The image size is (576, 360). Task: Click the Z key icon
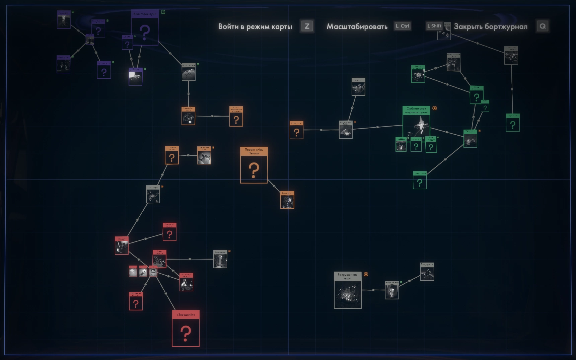tap(307, 26)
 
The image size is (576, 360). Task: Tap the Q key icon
tap(543, 26)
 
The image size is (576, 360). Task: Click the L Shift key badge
tap(434, 26)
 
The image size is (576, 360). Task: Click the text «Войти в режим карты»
tap(255, 26)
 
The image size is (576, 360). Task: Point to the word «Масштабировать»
tap(357, 26)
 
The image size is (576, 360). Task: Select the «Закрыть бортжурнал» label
tap(490, 26)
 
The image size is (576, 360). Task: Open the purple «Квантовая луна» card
tap(145, 27)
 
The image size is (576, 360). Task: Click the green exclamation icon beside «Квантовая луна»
tap(163, 12)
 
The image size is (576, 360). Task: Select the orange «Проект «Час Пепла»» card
tap(254, 165)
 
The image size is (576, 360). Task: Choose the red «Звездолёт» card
tap(186, 329)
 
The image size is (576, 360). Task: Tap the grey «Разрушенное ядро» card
tap(348, 290)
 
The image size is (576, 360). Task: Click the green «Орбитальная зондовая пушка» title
tap(416, 110)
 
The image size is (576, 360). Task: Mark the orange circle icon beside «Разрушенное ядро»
tap(366, 274)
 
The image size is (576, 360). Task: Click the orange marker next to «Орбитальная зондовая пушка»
tap(435, 108)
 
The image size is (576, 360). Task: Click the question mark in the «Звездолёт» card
tap(186, 334)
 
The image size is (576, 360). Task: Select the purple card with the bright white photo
tap(136, 77)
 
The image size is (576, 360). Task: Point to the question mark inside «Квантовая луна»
tap(145, 32)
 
